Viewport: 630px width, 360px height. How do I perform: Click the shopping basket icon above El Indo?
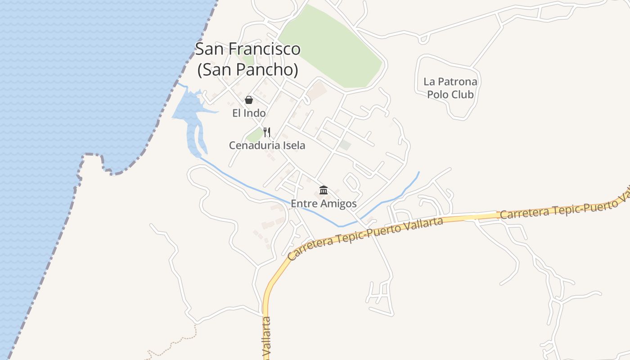(249, 100)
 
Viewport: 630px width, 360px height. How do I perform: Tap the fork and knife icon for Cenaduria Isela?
(267, 132)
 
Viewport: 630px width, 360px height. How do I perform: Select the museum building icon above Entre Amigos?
(323, 190)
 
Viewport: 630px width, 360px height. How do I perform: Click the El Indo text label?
(249, 113)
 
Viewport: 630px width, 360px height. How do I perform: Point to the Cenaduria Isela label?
(267, 145)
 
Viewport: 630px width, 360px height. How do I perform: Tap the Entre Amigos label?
(324, 204)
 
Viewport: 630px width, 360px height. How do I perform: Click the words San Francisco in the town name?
(247, 49)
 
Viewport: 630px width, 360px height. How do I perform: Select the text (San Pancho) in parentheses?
(247, 69)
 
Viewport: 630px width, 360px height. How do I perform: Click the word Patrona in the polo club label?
(457, 82)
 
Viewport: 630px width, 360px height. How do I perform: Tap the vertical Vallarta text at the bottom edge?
(266, 337)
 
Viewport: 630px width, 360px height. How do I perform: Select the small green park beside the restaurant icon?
(255, 135)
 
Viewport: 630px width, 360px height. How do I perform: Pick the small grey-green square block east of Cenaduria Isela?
(345, 145)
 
